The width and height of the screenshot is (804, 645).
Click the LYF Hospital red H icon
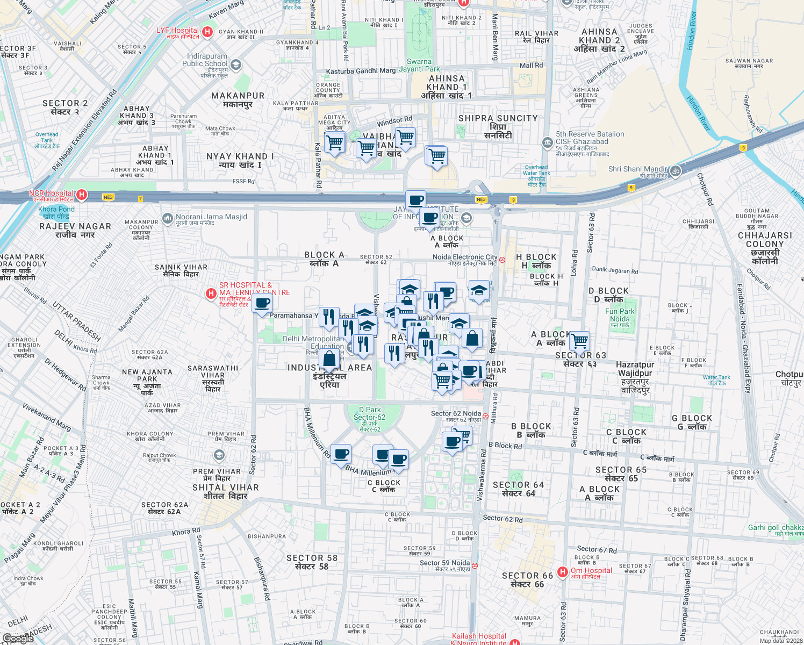[207, 32]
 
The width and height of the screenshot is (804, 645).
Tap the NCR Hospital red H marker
[82, 195]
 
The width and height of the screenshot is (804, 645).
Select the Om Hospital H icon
[562, 572]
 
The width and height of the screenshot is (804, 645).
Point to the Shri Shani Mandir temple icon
[675, 171]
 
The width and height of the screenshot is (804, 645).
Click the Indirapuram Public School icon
[235, 65]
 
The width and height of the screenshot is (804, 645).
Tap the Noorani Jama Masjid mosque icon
[168, 219]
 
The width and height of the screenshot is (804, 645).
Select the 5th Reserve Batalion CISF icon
[547, 142]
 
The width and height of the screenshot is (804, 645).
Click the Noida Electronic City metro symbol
[502, 260]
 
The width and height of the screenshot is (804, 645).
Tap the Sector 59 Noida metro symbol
[475, 565]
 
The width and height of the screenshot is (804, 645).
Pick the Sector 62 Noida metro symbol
[485, 416]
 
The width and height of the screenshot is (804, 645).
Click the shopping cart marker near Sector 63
[579, 341]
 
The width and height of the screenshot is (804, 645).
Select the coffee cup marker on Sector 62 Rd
[262, 304]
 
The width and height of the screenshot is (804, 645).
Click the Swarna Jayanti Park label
[419, 65]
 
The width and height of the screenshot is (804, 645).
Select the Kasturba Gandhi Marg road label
[361, 71]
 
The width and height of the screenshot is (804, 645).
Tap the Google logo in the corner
[18, 638]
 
